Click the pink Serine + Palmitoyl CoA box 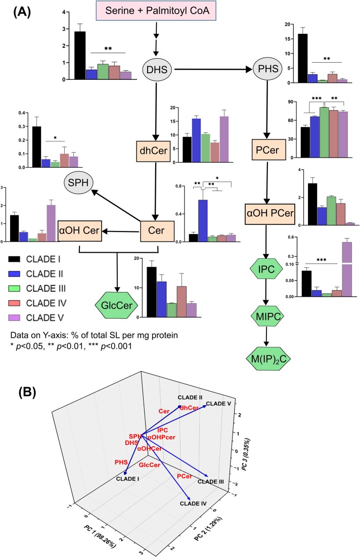[x=157, y=11]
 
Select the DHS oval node [x=157, y=69]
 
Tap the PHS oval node [x=268, y=69]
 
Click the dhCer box [x=153, y=151]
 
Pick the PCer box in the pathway [x=267, y=150]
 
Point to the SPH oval [x=78, y=183]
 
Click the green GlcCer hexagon [x=117, y=305]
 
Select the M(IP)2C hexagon [x=268, y=359]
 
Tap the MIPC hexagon [x=268, y=316]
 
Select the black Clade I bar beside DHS [x=80, y=56]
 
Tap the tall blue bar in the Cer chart [x=203, y=220]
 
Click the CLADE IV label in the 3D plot [x=193, y=503]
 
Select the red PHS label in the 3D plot [x=121, y=462]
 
